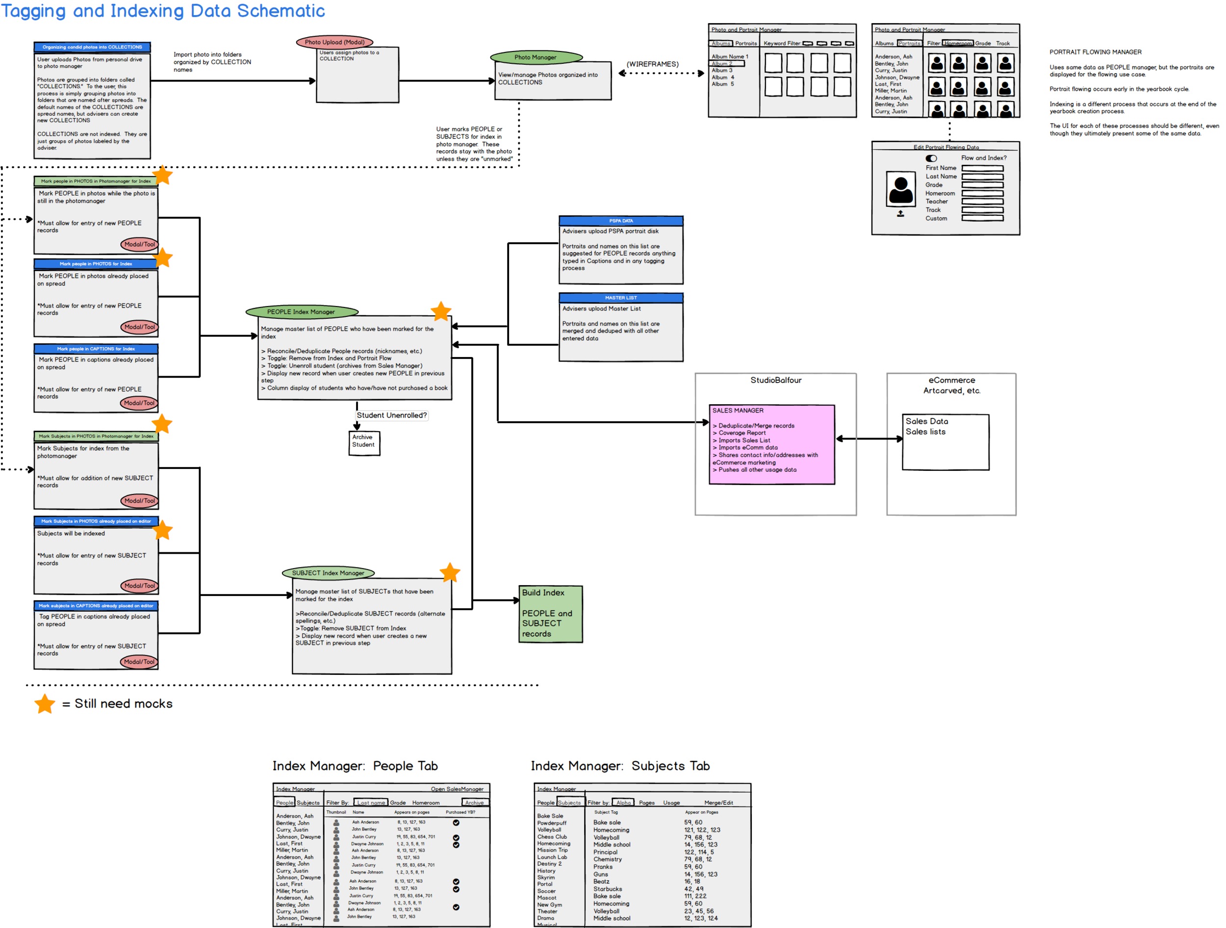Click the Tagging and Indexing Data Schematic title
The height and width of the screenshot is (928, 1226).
tap(163, 11)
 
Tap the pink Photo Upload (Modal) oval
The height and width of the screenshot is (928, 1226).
tap(334, 42)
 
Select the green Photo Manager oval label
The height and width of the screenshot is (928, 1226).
tap(536, 57)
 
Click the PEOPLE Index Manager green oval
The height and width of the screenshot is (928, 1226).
tap(301, 311)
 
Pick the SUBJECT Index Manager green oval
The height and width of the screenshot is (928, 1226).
tap(328, 573)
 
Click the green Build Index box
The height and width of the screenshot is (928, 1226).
tap(550, 614)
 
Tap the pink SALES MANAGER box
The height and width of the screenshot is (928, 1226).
tap(771, 444)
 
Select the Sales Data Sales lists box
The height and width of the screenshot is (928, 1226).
tap(945, 442)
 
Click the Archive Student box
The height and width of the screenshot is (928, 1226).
tap(363, 443)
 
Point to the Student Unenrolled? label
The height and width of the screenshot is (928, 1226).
tap(391, 415)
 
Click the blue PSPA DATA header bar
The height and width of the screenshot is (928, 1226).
tap(620, 221)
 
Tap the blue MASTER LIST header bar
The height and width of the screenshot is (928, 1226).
tap(620, 298)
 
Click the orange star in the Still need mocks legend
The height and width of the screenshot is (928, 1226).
tap(45, 703)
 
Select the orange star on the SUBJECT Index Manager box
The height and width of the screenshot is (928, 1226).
tap(450, 573)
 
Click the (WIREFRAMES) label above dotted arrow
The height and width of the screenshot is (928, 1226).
tap(652, 64)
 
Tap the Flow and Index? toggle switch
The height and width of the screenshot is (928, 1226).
tap(931, 158)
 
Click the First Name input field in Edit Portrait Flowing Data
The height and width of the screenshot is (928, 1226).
tap(982, 168)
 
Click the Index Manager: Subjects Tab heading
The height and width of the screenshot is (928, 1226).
tap(620, 766)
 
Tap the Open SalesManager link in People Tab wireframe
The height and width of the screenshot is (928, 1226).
tap(457, 789)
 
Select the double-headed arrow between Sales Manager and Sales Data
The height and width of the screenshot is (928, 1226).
tap(868, 439)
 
